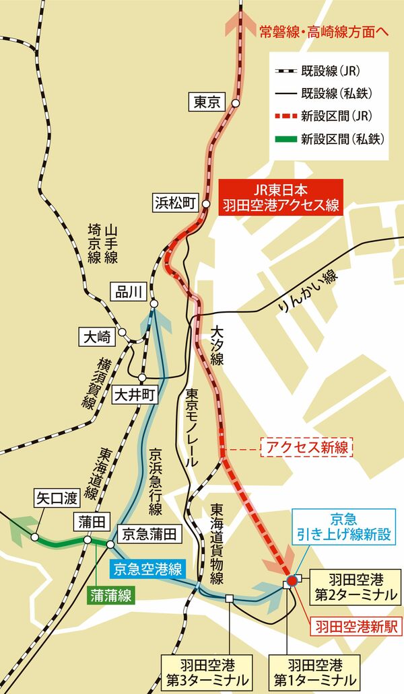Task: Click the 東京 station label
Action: pyautogui.click(x=207, y=103)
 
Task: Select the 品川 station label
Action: pyautogui.click(x=127, y=291)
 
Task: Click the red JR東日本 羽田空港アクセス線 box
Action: pyautogui.click(x=281, y=197)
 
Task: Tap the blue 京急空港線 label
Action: pyautogui.click(x=147, y=569)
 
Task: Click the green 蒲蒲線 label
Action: pyautogui.click(x=112, y=594)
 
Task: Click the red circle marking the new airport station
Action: pyautogui.click(x=292, y=580)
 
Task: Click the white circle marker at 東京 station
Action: pyautogui.click(x=236, y=104)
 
